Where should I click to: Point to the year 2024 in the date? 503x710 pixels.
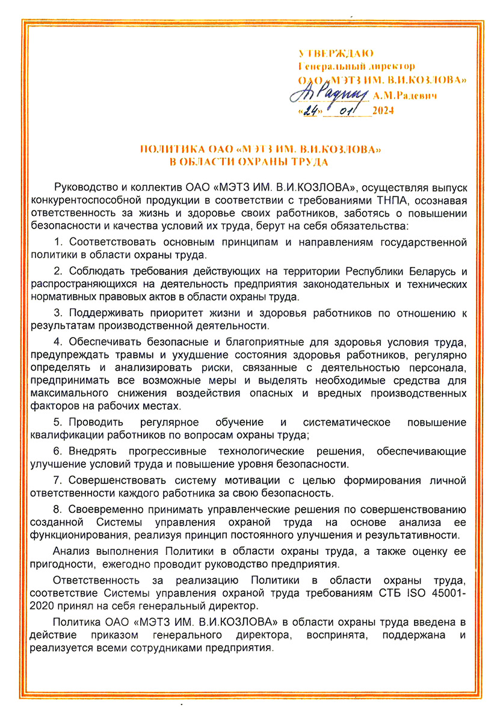point(383,110)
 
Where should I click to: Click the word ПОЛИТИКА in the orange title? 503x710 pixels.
point(163,148)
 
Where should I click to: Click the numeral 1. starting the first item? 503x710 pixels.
point(58,242)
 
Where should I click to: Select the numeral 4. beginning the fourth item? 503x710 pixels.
point(58,343)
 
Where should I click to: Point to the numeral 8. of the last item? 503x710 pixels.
point(58,509)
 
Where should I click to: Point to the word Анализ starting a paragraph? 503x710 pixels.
point(69,551)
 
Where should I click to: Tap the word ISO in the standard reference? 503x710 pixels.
point(418,593)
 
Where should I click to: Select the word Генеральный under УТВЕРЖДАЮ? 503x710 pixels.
point(324,67)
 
